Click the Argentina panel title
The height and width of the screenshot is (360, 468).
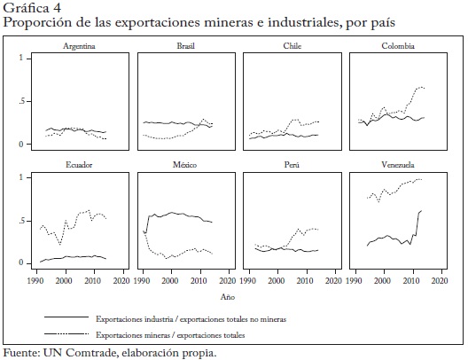click(x=79, y=46)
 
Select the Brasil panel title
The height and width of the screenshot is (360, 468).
click(x=185, y=46)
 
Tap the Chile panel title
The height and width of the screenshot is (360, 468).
click(x=292, y=46)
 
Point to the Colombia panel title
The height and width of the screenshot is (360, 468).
click(x=398, y=46)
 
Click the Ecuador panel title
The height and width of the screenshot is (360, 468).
click(x=79, y=165)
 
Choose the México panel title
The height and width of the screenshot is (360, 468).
click(x=184, y=165)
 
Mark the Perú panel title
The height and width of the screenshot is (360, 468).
click(x=292, y=165)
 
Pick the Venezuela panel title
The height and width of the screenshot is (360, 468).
click(x=398, y=165)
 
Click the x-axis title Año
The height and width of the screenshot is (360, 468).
click(x=228, y=297)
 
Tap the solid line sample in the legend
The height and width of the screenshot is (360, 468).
click(x=66, y=317)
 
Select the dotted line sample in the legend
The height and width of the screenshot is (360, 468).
click(x=66, y=333)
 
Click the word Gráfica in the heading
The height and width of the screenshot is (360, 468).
click(x=26, y=8)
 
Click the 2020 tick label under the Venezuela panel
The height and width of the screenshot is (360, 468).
click(x=440, y=280)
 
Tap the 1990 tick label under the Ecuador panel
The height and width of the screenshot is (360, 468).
click(x=35, y=280)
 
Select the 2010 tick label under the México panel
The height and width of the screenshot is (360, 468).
click(x=199, y=280)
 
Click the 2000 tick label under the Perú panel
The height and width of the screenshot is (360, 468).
click(x=276, y=280)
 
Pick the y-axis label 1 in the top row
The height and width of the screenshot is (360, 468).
click(x=21, y=58)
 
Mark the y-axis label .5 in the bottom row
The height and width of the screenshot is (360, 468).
click(x=21, y=221)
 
